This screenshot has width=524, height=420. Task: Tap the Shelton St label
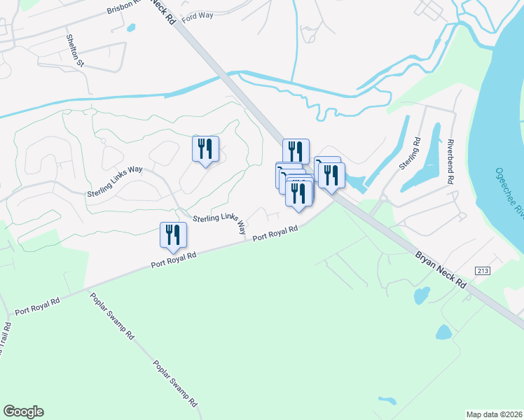tap(75, 51)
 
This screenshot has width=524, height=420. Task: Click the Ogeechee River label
tap(509, 192)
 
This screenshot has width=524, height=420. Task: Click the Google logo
tap(23, 412)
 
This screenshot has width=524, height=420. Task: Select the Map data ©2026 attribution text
tap(495, 414)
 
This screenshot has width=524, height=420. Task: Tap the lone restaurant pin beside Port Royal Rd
tap(172, 236)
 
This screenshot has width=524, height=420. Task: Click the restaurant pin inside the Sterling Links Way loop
tap(205, 150)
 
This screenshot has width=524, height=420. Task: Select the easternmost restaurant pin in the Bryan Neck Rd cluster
tap(331, 176)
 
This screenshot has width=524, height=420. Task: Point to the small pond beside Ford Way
tap(130, 29)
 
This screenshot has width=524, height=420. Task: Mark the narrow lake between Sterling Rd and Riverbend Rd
tap(433, 150)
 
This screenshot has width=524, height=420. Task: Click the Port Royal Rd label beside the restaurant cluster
tap(275, 232)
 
